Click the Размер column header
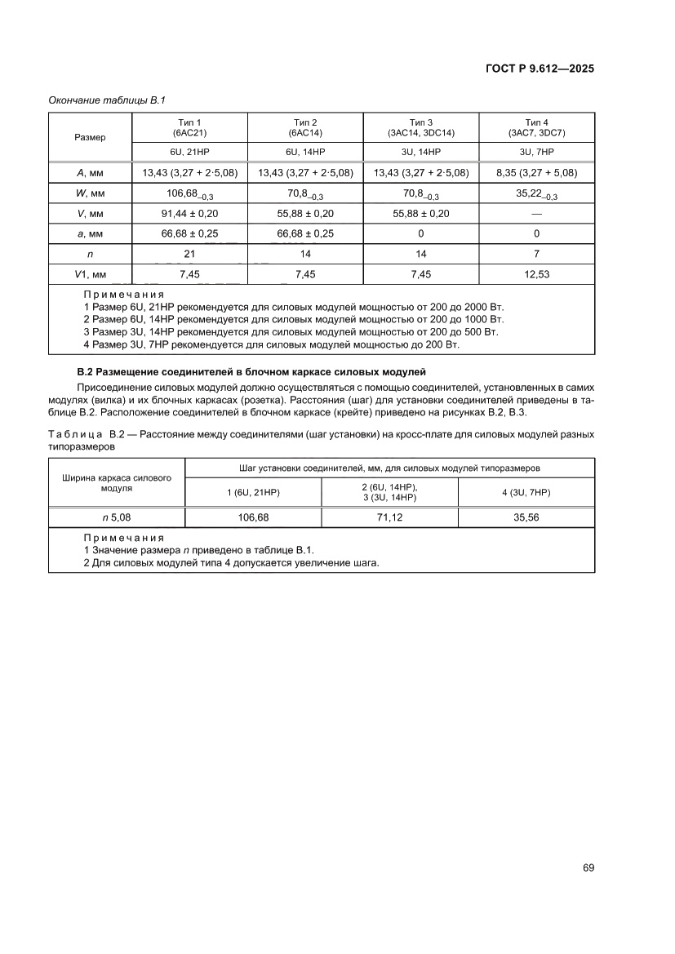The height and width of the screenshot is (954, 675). pyautogui.click(x=90, y=137)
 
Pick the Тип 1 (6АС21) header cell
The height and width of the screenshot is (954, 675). pyautogui.click(x=189, y=126)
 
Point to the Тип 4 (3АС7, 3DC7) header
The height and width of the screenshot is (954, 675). pyautogui.click(x=536, y=126)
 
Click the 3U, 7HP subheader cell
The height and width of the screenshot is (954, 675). pyautogui.click(x=536, y=152)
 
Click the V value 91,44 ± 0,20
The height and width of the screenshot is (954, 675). pyautogui.click(x=189, y=213)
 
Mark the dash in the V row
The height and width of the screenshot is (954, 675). pyautogui.click(x=536, y=213)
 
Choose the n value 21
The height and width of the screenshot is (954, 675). pyautogui.click(x=189, y=254)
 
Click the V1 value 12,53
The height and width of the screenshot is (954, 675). pyautogui.click(x=536, y=274)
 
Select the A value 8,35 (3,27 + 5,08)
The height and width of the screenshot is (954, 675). pyautogui.click(x=536, y=173)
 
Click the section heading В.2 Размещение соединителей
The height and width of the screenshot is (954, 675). pyautogui.click(x=251, y=371)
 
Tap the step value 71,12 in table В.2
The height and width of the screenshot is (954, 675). pyautogui.click(x=389, y=517)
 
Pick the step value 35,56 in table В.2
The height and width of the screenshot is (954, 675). pyautogui.click(x=526, y=517)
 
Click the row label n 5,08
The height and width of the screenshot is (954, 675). pyautogui.click(x=117, y=517)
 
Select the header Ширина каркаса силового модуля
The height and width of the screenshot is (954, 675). pyautogui.click(x=117, y=482)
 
